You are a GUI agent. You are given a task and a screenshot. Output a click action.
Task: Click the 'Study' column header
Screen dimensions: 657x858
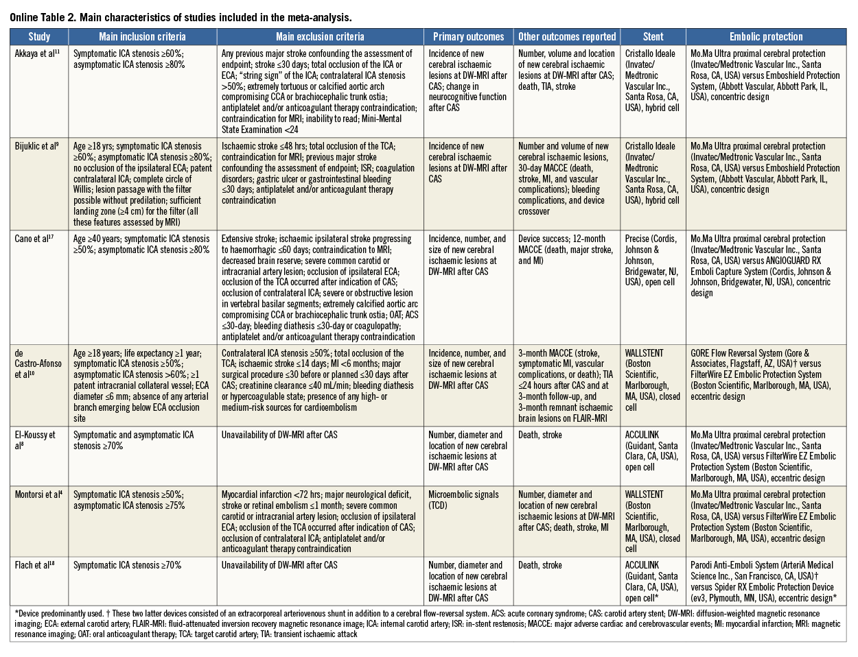pos(39,37)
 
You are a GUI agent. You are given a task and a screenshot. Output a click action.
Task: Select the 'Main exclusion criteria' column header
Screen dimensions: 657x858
pos(320,37)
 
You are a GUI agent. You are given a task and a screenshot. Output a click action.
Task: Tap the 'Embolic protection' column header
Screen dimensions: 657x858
pos(765,37)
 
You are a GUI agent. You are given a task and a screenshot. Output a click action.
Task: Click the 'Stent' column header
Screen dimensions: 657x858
pos(653,37)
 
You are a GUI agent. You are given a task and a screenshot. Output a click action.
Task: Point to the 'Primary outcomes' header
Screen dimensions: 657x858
pos(468,37)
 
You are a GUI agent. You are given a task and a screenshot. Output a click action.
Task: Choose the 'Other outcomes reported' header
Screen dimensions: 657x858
pos(567,37)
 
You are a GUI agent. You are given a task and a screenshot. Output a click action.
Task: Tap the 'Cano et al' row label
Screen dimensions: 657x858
pos(33,239)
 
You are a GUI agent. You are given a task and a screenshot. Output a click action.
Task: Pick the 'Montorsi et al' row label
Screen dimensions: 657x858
pos(39,494)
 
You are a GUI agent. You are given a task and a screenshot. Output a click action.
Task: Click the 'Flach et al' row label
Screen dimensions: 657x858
pos(34,565)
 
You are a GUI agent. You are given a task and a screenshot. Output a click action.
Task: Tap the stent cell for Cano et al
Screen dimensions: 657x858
pos(651,261)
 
